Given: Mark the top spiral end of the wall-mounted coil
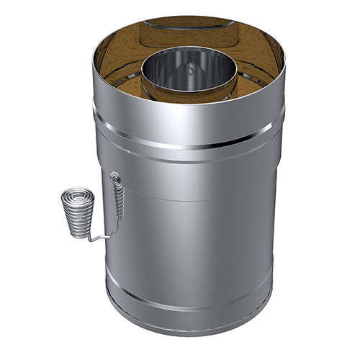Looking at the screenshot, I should [114, 174].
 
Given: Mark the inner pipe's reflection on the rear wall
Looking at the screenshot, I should [189, 24].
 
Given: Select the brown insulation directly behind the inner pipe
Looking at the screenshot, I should [189, 40].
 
